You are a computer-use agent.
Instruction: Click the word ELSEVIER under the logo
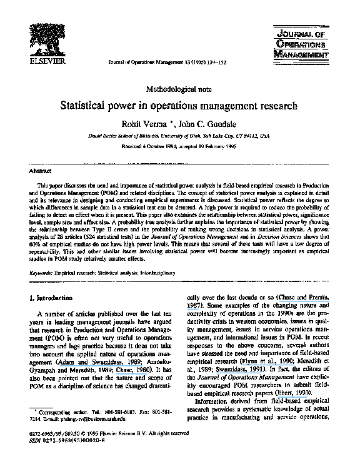click(44, 62)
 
